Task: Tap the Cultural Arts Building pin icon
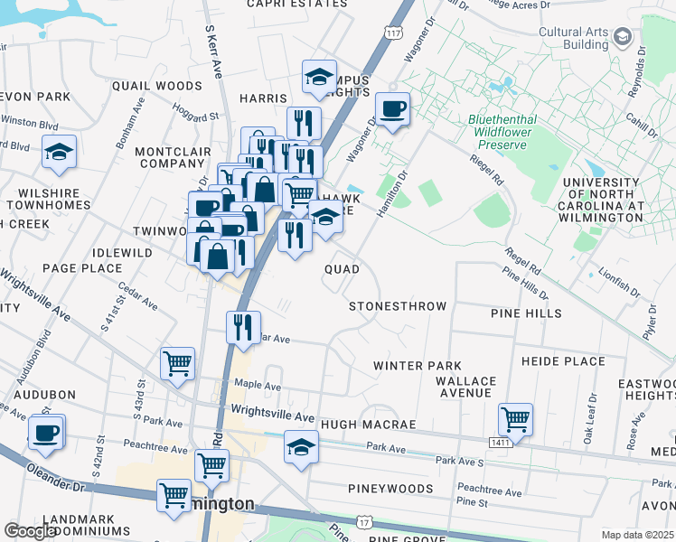622,37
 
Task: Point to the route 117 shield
391,33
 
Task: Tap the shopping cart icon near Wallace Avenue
515,418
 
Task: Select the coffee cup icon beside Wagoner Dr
393,109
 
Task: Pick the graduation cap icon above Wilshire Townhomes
59,152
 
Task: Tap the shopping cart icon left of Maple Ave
177,363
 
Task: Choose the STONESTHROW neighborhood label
398,306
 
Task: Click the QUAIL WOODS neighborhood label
156,86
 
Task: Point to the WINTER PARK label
418,366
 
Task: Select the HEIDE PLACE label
563,361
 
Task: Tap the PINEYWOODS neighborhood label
390,489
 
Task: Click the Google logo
30,531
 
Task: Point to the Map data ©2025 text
636,535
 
